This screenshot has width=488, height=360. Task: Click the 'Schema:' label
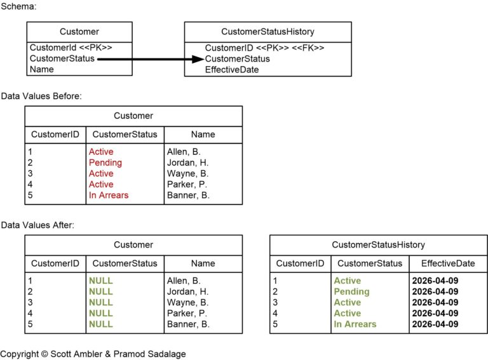(x=18, y=6)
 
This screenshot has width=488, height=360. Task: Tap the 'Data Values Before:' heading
(x=41, y=96)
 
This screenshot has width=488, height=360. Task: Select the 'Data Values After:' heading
(x=37, y=225)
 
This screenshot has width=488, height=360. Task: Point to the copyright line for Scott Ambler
(x=93, y=354)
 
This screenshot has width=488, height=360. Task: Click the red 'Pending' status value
(x=105, y=163)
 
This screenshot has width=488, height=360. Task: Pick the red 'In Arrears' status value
(x=108, y=195)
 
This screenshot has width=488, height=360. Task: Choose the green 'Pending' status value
(x=351, y=291)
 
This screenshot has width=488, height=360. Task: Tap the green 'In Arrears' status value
(x=355, y=324)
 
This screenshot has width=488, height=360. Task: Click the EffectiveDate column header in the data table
(x=447, y=263)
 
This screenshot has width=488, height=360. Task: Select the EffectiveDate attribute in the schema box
(x=231, y=70)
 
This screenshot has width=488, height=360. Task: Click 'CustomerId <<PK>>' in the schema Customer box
(x=71, y=48)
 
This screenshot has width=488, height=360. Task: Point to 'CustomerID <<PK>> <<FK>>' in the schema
(x=264, y=48)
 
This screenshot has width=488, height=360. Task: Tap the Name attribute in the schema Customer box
(x=41, y=69)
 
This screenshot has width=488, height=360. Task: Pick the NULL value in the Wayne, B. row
(x=100, y=302)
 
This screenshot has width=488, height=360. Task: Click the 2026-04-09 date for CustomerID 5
(x=435, y=324)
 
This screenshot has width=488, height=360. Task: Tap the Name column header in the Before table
(x=203, y=134)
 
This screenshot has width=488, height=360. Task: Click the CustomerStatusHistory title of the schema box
(x=268, y=31)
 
